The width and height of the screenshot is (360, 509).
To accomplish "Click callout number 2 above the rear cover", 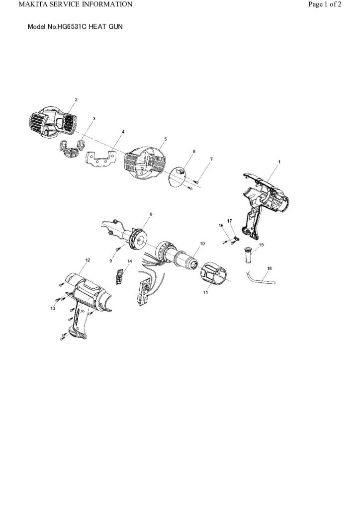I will tap(76, 99).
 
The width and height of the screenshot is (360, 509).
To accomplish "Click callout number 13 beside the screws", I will tap(53, 309).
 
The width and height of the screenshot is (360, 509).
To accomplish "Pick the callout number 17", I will tap(230, 220).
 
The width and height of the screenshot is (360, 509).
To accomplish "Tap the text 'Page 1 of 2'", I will tap(325, 4).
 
